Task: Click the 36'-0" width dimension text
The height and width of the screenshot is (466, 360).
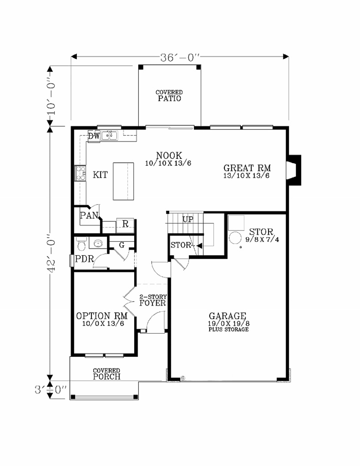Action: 180,58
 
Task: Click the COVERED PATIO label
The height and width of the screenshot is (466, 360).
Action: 169,96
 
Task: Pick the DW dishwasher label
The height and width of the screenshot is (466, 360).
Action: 94,136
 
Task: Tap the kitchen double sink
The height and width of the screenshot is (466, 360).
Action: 109,136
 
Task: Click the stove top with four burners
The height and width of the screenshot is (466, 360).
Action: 80,173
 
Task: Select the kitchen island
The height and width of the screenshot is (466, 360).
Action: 123,181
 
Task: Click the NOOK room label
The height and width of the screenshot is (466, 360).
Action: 169,155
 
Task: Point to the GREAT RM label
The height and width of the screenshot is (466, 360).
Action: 247,168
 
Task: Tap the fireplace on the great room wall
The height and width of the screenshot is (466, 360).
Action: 294,170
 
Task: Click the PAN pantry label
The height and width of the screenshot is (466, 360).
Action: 89,215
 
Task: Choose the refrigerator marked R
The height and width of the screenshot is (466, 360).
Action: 125,225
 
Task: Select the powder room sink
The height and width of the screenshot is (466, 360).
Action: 98,243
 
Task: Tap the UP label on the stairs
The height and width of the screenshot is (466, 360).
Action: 188,219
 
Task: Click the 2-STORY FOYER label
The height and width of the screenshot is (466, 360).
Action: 153,300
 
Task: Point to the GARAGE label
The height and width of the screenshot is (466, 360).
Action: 227,316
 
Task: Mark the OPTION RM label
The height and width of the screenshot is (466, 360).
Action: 102,316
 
